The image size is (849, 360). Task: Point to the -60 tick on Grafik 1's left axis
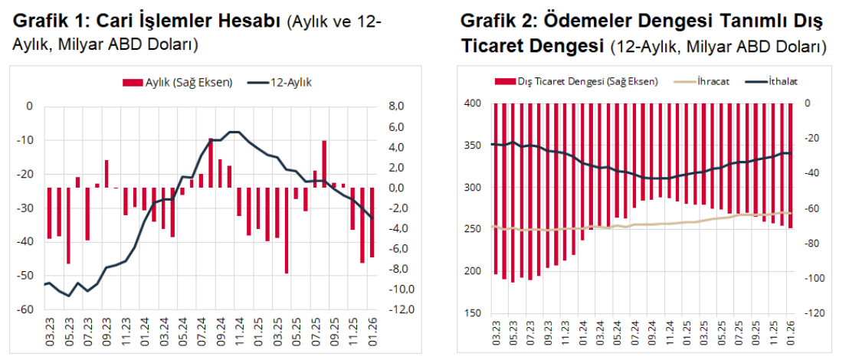point(28,309)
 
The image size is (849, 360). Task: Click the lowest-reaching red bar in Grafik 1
point(286,230)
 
